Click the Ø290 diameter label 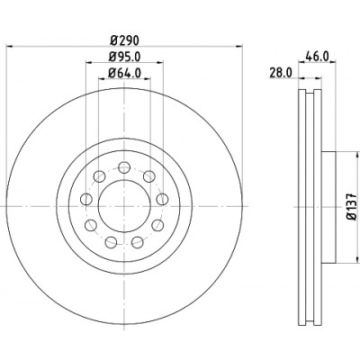tap(124, 40)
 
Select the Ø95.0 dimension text tap(124, 57)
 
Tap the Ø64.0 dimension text tap(124, 73)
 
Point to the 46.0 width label tap(317, 56)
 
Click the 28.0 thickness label tap(281, 73)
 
